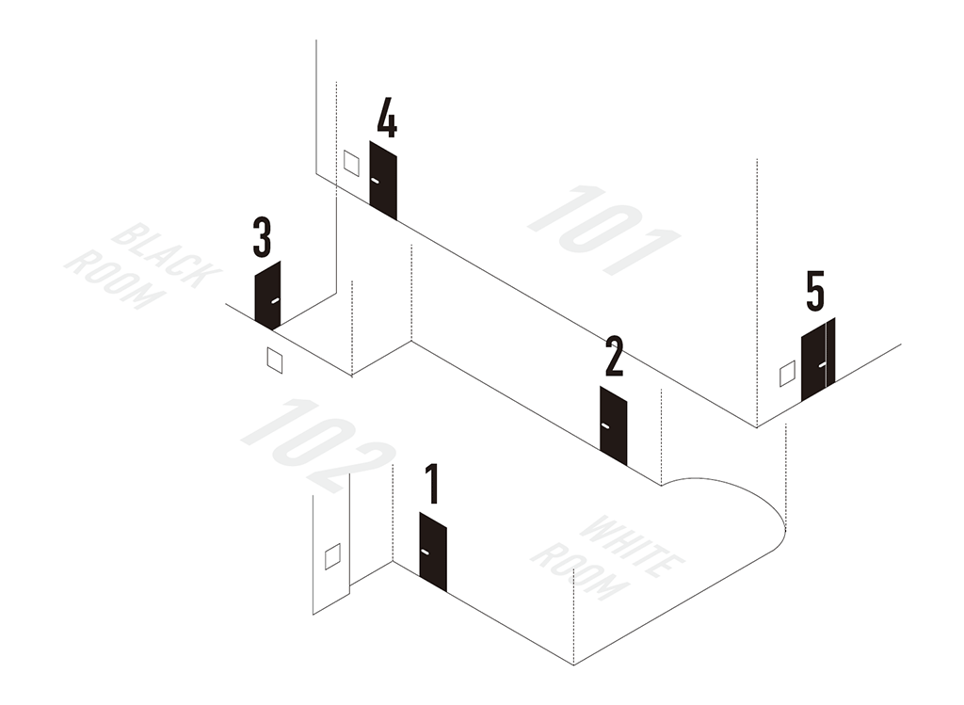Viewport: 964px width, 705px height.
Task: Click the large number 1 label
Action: point(433,484)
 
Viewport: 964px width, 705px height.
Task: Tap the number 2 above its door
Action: point(614,356)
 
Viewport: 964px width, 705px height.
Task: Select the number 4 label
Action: point(387,117)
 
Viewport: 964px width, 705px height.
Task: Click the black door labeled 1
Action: point(433,552)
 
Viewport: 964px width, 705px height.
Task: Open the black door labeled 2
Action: point(614,425)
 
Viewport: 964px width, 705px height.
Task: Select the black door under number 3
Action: point(267,296)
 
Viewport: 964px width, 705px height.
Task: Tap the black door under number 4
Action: point(383,180)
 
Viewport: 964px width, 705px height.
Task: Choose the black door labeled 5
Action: point(818,360)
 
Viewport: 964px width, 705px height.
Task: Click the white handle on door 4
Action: point(375,181)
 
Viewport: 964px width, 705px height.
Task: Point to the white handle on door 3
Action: point(276,300)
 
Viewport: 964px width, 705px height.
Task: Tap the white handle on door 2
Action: point(605,426)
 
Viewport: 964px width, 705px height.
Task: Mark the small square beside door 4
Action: point(351,163)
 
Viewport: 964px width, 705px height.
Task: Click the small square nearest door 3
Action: point(275,361)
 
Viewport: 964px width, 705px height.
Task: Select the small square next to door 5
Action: point(787,374)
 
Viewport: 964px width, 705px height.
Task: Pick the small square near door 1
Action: point(332,556)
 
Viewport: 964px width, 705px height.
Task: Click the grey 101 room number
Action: point(604,230)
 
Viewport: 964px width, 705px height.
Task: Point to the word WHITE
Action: point(632,547)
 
